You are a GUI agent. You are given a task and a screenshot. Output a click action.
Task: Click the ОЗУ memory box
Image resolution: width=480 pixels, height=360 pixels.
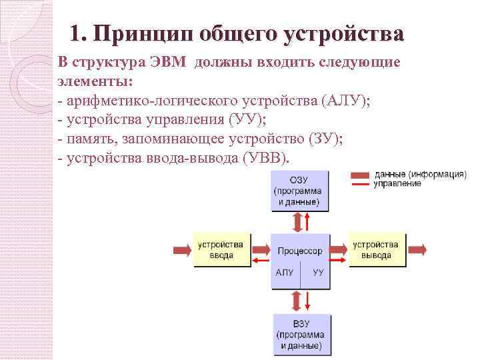(x=299, y=191)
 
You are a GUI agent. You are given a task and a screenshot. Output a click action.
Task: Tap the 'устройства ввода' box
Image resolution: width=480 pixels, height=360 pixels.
(x=222, y=250)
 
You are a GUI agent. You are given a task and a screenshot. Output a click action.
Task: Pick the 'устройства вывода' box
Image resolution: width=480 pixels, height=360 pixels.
(x=377, y=250)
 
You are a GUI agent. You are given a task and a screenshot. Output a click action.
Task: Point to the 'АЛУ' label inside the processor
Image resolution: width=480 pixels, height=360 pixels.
(x=284, y=273)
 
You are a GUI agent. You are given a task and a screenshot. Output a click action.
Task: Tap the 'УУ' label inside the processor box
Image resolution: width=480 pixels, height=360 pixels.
(x=317, y=273)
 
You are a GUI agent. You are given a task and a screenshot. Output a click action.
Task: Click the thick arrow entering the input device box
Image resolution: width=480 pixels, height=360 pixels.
(x=182, y=250)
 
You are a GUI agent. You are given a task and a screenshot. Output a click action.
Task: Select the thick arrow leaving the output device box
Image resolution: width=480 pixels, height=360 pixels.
(x=417, y=250)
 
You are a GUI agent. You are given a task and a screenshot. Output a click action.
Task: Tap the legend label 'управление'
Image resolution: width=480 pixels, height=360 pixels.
(x=397, y=183)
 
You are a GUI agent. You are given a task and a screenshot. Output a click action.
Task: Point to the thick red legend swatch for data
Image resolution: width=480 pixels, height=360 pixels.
(x=361, y=175)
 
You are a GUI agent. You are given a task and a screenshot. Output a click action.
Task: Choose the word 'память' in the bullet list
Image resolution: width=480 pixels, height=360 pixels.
(x=85, y=139)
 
